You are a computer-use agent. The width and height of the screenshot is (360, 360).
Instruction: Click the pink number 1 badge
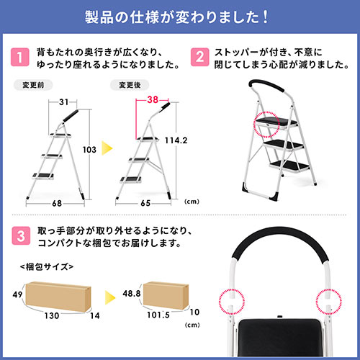(x=20, y=57)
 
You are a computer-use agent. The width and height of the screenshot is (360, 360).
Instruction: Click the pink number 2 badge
(x=199, y=57)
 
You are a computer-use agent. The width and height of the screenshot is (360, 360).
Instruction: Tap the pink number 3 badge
(x=21, y=235)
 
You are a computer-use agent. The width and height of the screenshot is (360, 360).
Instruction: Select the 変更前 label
(x=33, y=85)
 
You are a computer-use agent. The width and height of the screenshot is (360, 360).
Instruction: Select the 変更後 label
(x=130, y=85)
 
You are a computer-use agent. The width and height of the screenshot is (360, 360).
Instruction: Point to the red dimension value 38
(x=153, y=99)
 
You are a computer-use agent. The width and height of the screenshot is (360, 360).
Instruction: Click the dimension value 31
(x=64, y=102)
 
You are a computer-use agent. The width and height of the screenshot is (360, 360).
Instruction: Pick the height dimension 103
(x=89, y=150)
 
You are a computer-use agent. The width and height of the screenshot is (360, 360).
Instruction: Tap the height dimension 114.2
(x=176, y=140)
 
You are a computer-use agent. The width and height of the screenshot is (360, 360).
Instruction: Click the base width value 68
(x=57, y=204)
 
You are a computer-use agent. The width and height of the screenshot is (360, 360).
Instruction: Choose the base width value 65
(x=145, y=203)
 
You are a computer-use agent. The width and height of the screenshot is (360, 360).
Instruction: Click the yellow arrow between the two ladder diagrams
(x=107, y=148)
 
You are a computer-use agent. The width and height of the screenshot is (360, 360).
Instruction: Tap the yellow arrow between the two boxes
(x=110, y=297)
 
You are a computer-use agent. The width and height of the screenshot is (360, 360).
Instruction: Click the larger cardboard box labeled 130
(x=58, y=297)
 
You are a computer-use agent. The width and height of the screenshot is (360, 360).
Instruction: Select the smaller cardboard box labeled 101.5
(x=166, y=295)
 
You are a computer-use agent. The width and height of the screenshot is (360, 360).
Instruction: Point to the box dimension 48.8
(x=132, y=293)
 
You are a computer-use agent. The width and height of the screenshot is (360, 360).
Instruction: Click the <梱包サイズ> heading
(x=47, y=266)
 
